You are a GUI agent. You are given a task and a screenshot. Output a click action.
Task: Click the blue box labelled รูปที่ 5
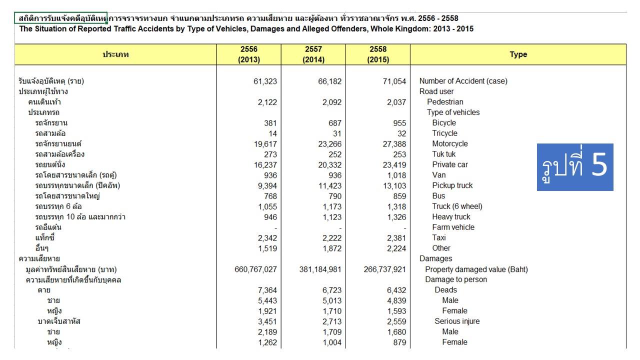575,167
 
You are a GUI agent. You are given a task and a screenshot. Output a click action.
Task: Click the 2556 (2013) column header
249,54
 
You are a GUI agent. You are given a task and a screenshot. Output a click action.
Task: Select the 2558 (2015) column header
378,54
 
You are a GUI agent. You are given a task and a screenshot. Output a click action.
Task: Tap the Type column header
518,54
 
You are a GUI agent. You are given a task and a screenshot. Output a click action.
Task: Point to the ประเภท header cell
115,54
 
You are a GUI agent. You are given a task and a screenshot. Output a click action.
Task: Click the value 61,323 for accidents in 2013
265,81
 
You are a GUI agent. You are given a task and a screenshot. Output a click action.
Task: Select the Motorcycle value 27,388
394,144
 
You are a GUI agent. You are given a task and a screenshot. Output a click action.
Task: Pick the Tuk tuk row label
443,154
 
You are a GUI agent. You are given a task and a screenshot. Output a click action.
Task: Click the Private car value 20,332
329,165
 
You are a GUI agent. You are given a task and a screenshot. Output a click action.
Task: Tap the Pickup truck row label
452,185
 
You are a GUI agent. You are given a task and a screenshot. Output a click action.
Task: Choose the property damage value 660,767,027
255,269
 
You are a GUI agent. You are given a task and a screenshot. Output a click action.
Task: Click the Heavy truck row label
451,217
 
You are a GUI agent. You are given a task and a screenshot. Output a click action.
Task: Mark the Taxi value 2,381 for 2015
396,238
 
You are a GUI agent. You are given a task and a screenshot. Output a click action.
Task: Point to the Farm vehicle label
453,227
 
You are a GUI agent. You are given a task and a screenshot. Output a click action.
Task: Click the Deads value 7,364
267,290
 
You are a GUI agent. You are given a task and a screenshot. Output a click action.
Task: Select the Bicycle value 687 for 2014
335,123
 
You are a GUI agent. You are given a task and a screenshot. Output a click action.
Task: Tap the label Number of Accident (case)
463,81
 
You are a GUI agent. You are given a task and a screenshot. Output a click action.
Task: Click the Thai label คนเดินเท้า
44,102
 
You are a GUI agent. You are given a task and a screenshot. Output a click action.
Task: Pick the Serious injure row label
457,321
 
